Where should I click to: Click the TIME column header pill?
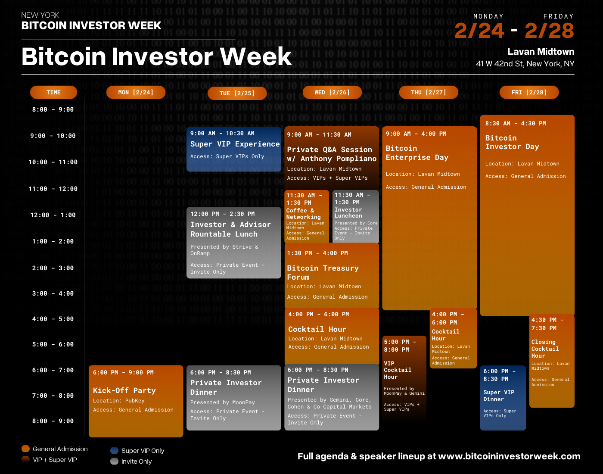[x=53, y=92]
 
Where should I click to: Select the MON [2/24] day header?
[x=136, y=92]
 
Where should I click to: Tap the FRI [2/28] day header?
[x=529, y=92]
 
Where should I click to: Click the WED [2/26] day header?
[x=332, y=92]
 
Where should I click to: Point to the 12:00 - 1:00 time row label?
[x=53, y=215]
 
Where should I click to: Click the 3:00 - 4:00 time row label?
[x=53, y=293]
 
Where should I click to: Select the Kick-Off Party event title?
[x=124, y=390]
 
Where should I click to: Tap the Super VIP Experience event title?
[x=235, y=144]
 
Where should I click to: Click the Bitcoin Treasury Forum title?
[x=323, y=272]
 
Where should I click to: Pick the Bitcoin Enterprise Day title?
[x=417, y=153]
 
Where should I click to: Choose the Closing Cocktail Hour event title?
[x=545, y=349]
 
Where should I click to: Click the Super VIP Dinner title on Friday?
[x=499, y=396]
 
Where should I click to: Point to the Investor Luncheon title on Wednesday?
[x=348, y=212]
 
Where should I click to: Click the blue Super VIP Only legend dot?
[x=114, y=450]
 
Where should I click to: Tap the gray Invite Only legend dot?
[x=114, y=461]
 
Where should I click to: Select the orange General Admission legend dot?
[x=26, y=449]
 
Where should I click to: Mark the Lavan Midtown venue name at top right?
[x=541, y=52]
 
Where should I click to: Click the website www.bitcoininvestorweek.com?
[x=509, y=456]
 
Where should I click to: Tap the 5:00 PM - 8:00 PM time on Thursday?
[x=400, y=346]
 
